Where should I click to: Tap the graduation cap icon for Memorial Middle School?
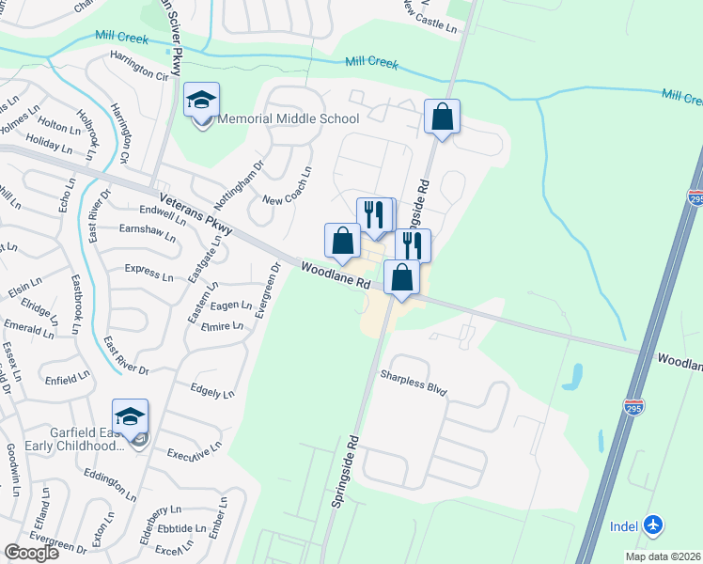point(200,102)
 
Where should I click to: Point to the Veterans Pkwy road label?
point(195,216)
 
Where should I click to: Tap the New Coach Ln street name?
point(288,187)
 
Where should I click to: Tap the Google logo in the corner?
point(31,553)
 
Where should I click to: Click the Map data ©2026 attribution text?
point(663,556)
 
